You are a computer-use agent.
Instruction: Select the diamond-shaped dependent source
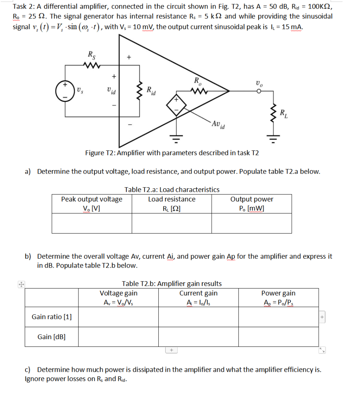(177, 104)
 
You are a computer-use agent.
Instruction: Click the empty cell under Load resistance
(172, 223)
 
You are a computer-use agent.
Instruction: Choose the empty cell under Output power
(251, 223)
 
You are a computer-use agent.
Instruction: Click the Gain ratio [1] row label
(52, 317)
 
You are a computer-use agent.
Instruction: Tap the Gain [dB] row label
(52, 337)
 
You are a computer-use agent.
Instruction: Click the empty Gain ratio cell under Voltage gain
(119, 317)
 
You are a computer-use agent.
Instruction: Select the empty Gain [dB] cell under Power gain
(278, 337)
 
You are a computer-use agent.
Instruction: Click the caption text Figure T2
(172, 153)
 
